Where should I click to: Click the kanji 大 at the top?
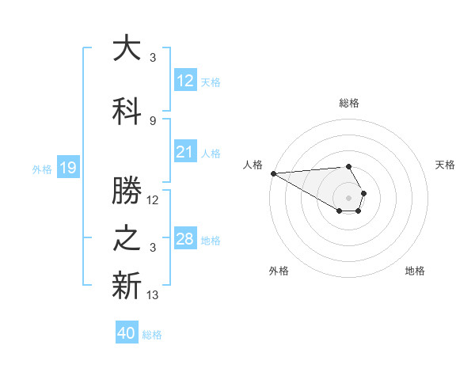[x=127, y=49]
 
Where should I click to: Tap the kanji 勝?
[x=127, y=190]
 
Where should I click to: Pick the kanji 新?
[x=127, y=286]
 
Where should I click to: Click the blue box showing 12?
[x=184, y=81]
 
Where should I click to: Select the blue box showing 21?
[x=184, y=152]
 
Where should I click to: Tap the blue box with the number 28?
[x=184, y=239]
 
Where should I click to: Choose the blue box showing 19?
[x=67, y=168]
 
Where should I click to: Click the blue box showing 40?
[x=127, y=333]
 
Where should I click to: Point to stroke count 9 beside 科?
[x=152, y=120]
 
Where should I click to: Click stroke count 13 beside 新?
[x=153, y=295]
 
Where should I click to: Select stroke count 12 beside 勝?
[x=153, y=200]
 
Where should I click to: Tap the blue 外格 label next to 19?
[x=42, y=169]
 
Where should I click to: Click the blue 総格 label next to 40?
[x=152, y=334]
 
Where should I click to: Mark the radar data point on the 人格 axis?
[x=273, y=173]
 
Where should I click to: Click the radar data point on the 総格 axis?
[x=348, y=166]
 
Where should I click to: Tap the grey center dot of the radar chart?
[x=348, y=197]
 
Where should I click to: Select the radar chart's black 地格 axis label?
[x=415, y=271]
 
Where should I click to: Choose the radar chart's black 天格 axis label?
[x=445, y=165]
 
